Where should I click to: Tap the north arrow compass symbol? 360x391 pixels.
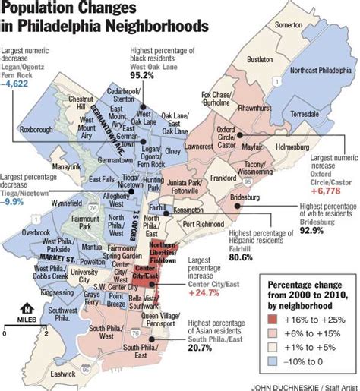[27, 307]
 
